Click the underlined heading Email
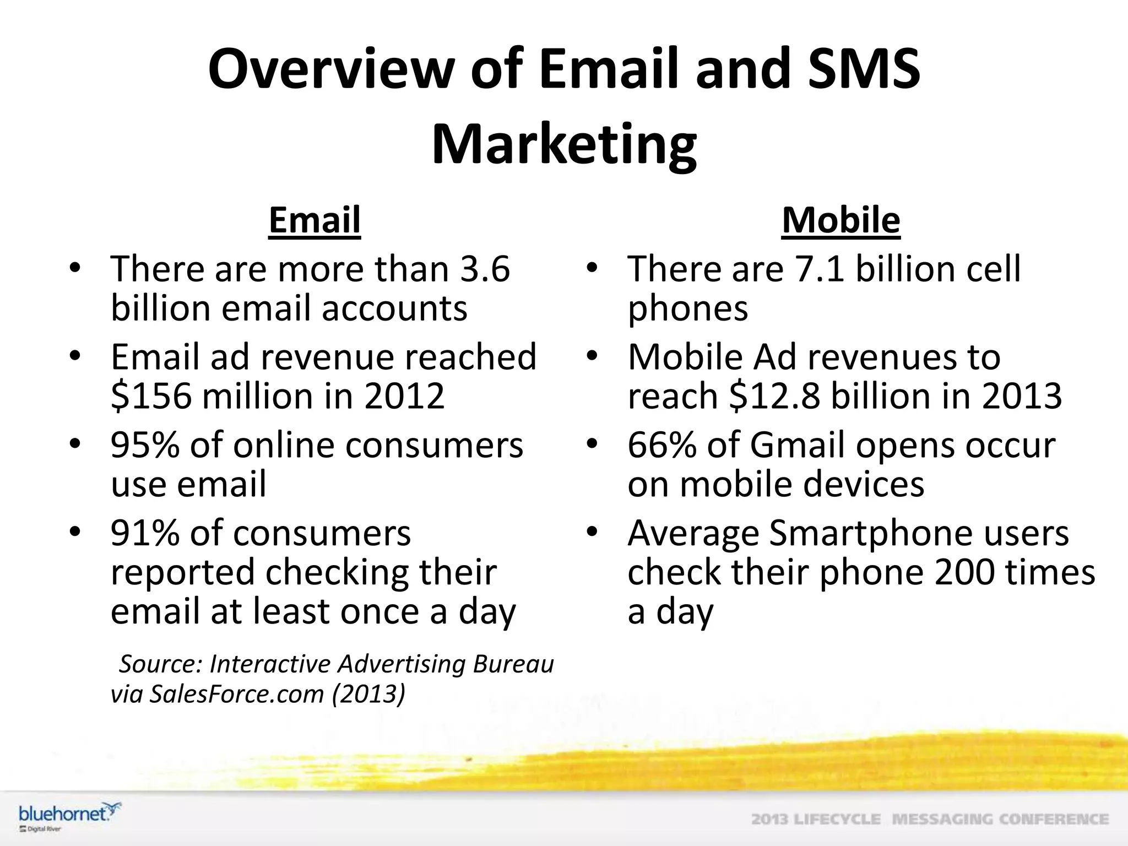314,220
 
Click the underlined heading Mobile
840,220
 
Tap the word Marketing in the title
564,144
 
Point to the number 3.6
485,269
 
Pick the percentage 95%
145,446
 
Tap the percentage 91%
145,533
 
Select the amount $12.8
774,396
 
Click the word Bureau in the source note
513,664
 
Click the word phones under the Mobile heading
688,308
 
